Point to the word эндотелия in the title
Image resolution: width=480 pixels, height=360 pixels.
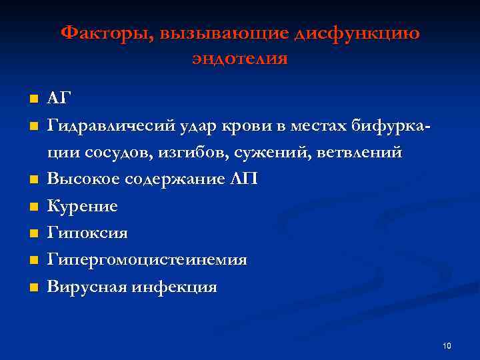click(x=240, y=59)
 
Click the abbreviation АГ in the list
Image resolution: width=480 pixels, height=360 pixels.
click(x=58, y=99)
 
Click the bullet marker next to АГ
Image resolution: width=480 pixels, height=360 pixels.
click(x=33, y=99)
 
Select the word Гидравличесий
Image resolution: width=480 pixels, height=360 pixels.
click(x=111, y=126)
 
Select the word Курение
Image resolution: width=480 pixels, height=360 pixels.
click(x=83, y=207)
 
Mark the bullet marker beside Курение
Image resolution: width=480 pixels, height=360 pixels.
click(x=33, y=207)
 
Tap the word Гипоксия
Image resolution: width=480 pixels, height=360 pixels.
click(x=87, y=233)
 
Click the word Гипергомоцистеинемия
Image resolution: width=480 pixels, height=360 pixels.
click(x=147, y=260)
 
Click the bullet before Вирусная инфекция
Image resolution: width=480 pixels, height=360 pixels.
click(x=33, y=288)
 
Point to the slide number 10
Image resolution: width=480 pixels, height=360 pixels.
click(x=447, y=345)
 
